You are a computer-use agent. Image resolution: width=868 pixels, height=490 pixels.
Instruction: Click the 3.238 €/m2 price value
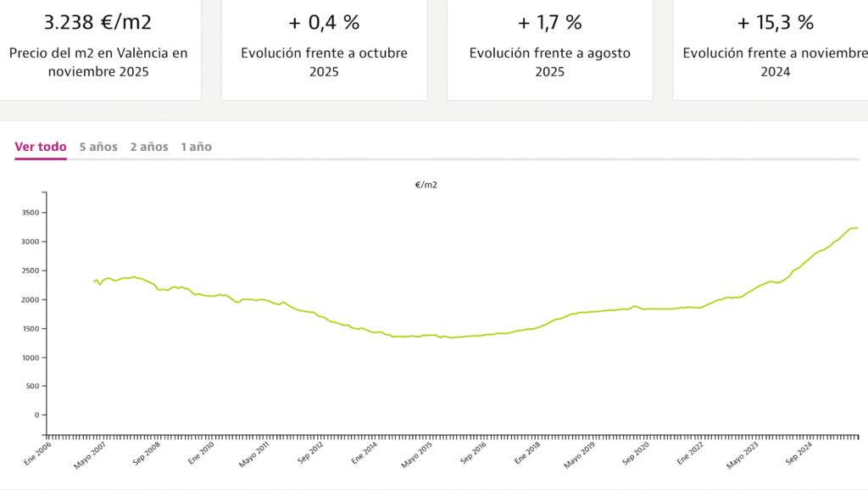98,21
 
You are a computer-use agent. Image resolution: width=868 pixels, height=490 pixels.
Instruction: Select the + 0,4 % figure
324,21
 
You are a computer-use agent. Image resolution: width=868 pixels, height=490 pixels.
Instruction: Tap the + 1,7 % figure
549,21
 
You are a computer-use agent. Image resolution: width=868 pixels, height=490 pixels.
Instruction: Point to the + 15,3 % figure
775,21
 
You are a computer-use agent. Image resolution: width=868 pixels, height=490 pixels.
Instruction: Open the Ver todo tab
41,147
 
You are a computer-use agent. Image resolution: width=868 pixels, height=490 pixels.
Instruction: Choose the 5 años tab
98,147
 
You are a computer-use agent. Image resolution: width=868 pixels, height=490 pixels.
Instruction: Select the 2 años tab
149,147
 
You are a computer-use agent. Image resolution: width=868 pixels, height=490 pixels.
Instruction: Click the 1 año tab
196,147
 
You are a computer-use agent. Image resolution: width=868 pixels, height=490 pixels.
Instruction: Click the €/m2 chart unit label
426,184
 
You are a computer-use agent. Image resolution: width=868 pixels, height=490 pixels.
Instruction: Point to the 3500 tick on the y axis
31,213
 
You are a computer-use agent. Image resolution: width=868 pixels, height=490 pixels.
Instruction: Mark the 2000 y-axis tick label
31,300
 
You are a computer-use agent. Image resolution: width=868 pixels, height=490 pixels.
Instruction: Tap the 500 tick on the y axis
33,387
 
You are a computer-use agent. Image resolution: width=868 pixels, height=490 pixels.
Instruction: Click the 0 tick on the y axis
37,415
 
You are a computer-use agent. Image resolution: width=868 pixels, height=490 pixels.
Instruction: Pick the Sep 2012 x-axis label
311,455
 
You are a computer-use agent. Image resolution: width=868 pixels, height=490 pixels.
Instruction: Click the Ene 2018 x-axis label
527,455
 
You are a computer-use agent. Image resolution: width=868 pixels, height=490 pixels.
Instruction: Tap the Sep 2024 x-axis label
799,455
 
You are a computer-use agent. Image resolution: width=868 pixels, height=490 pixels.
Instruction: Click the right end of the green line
858,227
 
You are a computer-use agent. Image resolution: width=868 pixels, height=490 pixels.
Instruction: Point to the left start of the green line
93,281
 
